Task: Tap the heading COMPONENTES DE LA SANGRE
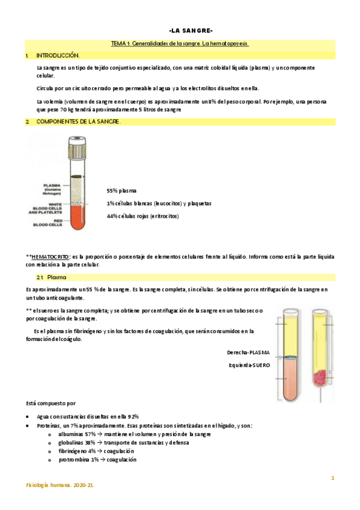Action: (x=78, y=122)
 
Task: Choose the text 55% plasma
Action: (x=121, y=191)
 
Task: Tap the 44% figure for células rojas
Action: (x=112, y=216)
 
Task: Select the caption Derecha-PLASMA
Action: (x=248, y=352)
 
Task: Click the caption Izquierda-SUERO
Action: (x=249, y=364)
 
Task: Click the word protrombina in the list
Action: (x=75, y=459)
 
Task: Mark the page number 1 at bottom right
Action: (x=332, y=478)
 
